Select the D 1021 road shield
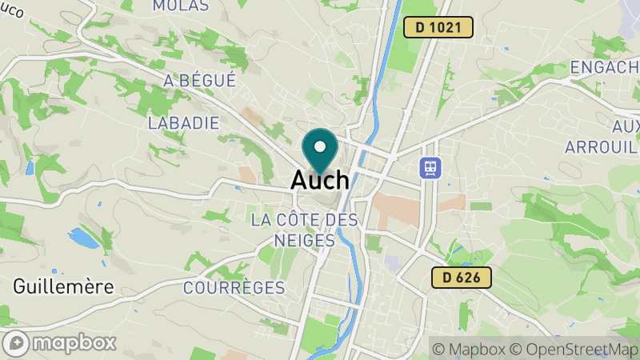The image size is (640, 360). pos(438,27)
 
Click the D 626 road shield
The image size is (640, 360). pos(461,278)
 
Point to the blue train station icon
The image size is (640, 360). pos(430,167)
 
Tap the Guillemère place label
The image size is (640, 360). pos(63,286)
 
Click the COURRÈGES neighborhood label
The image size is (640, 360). pos(234,287)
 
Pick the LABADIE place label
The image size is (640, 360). pos(183,122)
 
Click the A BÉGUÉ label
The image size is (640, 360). pos(199,80)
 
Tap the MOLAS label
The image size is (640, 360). pos(180,6)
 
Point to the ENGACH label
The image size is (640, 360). pos(605,67)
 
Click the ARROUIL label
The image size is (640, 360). pos(602,146)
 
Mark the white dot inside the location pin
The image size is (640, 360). pos(320,146)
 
